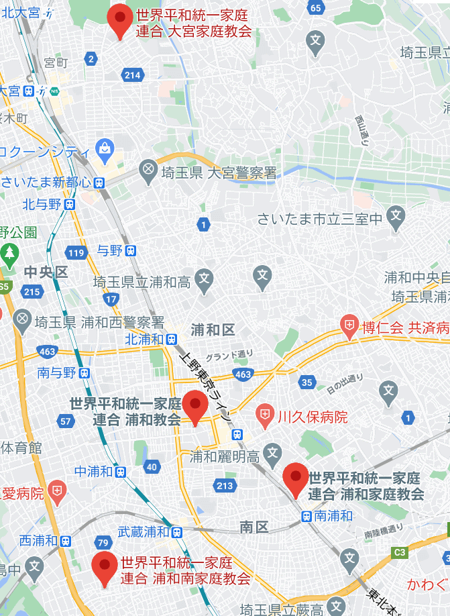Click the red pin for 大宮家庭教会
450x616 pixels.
pos(121,19)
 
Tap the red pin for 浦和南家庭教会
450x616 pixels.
pos(105,567)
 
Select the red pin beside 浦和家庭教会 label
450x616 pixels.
pos(295,478)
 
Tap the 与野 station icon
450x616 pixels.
pos(131,250)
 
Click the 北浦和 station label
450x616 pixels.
pos(146,339)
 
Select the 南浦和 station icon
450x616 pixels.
pos(306,516)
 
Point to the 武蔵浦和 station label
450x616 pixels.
pos(143,531)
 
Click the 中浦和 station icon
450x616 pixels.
pos(120,472)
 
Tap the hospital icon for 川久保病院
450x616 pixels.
pos(266,417)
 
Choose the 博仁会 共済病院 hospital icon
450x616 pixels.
pos(349,327)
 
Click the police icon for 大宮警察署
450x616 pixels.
pos(148,172)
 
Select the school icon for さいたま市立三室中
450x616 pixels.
pos(396,217)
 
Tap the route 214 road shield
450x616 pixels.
pos(133,75)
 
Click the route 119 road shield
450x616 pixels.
pos(76,253)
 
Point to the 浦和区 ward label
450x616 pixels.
pos(213,329)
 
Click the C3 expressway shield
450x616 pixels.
pos(400,552)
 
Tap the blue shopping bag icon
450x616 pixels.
pos(104,147)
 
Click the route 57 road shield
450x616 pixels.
pos(66,421)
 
